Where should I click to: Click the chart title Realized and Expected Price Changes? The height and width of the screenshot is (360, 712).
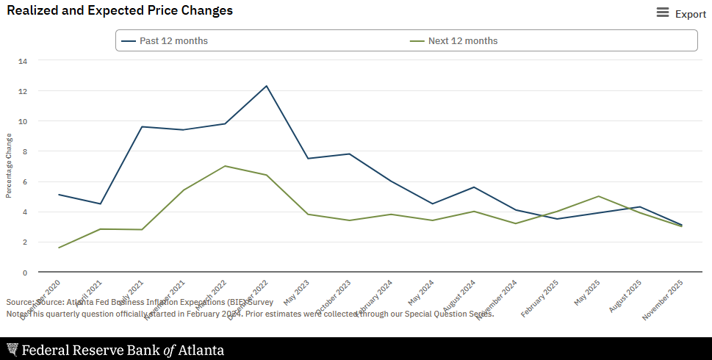point(120,11)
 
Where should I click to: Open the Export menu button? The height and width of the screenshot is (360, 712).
point(681,13)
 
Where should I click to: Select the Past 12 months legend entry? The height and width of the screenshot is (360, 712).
point(173,40)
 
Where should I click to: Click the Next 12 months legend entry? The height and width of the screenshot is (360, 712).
point(462,40)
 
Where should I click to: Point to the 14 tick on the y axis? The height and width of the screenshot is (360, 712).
point(23,61)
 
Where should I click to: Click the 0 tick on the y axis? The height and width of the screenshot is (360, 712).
point(25,273)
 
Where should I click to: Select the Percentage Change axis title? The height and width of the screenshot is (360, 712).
point(9,165)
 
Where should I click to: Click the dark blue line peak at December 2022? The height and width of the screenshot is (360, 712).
point(266,86)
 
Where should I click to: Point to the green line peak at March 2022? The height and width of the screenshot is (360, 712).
point(225,166)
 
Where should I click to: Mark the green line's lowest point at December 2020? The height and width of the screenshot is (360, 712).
point(59,248)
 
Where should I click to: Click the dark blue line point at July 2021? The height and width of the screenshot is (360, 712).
point(142,126)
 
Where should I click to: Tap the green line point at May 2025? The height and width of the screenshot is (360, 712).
point(599,196)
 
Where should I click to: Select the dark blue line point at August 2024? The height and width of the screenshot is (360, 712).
point(474,187)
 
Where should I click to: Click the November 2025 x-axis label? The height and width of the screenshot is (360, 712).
point(664,300)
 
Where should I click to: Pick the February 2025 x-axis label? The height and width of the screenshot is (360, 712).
point(540,299)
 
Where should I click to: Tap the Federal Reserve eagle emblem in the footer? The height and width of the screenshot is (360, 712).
point(12,350)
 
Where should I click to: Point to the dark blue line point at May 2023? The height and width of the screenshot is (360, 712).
point(308,159)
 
